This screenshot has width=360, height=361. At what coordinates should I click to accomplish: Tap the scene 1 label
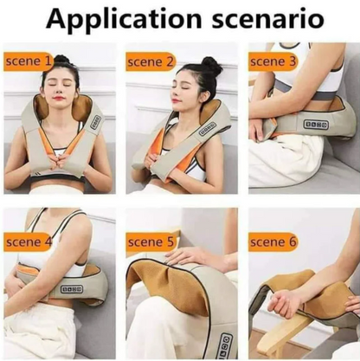click(29, 61)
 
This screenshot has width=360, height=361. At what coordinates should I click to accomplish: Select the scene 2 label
click(151, 61)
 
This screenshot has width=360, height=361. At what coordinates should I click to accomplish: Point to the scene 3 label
click(273, 61)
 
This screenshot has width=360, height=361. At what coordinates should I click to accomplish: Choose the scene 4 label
click(29, 242)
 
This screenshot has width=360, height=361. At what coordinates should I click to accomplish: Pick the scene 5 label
click(151, 242)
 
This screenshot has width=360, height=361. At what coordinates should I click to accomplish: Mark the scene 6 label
click(273, 242)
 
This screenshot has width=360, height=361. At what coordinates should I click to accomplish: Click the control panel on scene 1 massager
click(96, 124)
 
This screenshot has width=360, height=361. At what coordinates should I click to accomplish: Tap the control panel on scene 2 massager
click(206, 129)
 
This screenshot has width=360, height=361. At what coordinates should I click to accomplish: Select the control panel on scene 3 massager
click(316, 125)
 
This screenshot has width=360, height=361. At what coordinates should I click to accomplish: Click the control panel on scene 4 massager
click(71, 289)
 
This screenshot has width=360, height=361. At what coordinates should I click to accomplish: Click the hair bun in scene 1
click(62, 60)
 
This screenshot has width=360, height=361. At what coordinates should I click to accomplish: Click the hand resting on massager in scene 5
click(187, 257)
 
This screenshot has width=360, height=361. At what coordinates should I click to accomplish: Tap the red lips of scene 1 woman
click(60, 98)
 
